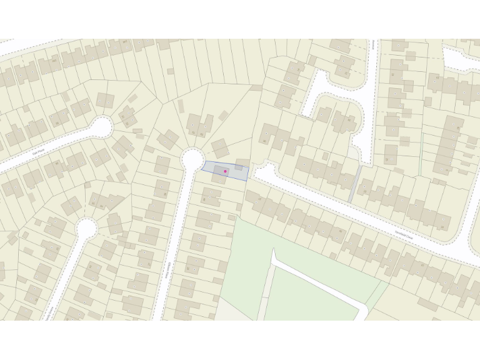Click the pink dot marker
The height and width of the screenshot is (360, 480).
pos(225,171)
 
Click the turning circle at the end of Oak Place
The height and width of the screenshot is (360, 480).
pos(102,127)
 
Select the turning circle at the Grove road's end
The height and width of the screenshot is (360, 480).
pos(86,229)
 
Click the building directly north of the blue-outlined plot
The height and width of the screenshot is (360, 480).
pos(220,147)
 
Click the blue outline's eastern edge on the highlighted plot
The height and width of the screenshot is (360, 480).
pos(248,171)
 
